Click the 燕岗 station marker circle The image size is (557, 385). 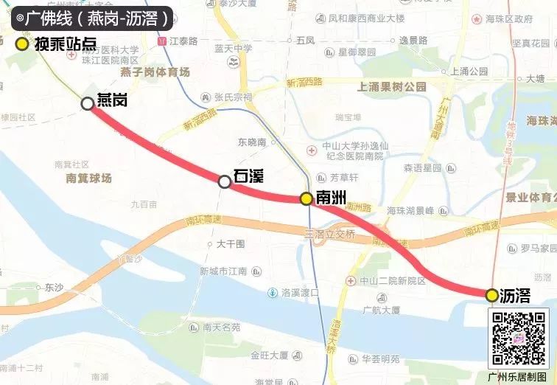[x=88, y=104]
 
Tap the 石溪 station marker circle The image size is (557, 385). [x=225, y=181]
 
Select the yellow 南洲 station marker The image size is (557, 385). [x=306, y=198]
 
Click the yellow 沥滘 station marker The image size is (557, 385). [x=491, y=295]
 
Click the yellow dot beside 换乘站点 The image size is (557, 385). [x=22, y=44]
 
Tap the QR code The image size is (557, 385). [x=519, y=337]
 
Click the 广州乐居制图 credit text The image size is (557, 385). [x=519, y=376]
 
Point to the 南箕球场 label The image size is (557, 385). [x=88, y=178]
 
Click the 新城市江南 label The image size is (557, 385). [x=223, y=271]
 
